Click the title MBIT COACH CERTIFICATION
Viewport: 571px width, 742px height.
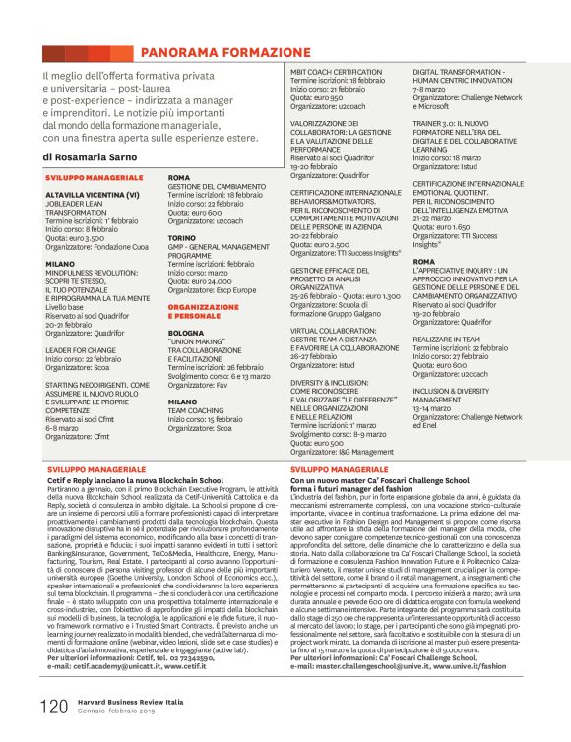tap(336, 72)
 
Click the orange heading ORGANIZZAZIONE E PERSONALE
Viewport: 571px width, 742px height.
tap(203, 311)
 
